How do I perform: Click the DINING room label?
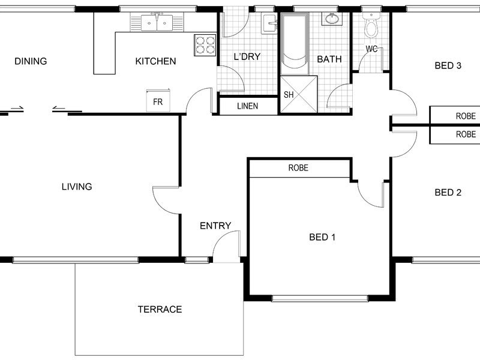[x=31, y=61]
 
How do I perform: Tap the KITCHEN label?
[x=155, y=61]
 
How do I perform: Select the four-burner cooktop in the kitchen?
[x=205, y=45]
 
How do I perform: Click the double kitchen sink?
[x=157, y=22]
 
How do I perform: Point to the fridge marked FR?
[x=158, y=100]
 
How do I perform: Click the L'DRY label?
[x=247, y=56]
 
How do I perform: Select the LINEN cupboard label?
[x=247, y=106]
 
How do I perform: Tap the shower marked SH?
[x=299, y=94]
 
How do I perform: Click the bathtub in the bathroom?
[x=295, y=43]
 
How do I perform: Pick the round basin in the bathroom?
[x=331, y=19]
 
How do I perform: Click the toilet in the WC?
[x=371, y=26]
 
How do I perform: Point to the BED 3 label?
[x=448, y=65]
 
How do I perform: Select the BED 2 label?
[x=448, y=193]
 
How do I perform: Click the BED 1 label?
[x=322, y=237]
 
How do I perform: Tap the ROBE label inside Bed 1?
[x=298, y=168]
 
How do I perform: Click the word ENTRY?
[x=215, y=226]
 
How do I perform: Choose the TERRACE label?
[x=160, y=310]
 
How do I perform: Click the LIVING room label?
[x=77, y=187]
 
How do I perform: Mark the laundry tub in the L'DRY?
[x=269, y=23]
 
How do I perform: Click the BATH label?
[x=329, y=59]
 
